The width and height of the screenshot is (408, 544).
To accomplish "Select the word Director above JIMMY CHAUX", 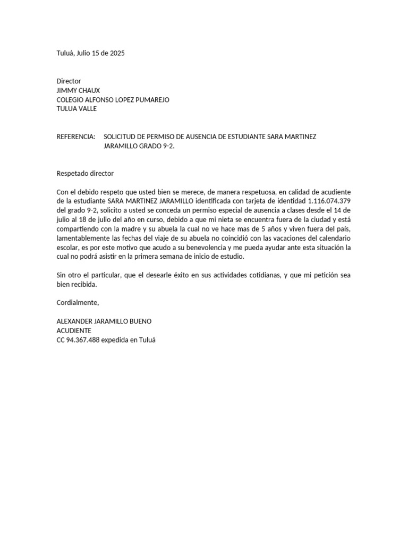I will (69, 81).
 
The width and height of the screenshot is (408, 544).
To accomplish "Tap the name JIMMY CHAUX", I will (78, 90).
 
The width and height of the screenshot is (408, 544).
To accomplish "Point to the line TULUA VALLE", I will (76, 109).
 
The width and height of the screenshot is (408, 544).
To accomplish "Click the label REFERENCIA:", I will (76, 137).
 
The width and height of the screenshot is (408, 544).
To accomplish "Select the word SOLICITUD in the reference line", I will (122, 137).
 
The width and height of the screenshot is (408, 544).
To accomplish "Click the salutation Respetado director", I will (85, 173).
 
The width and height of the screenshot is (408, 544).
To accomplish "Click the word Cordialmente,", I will (78, 302).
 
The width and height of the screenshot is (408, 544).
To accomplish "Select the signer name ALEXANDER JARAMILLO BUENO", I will (104, 321).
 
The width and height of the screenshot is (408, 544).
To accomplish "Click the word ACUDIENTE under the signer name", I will (74, 330).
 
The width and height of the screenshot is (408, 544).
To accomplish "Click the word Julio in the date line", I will (83, 53).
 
